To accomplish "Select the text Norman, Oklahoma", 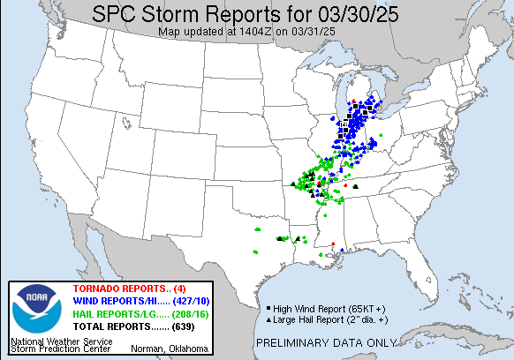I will pyautogui.click(x=172, y=348).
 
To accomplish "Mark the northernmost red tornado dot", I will pyautogui.click(x=352, y=103).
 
